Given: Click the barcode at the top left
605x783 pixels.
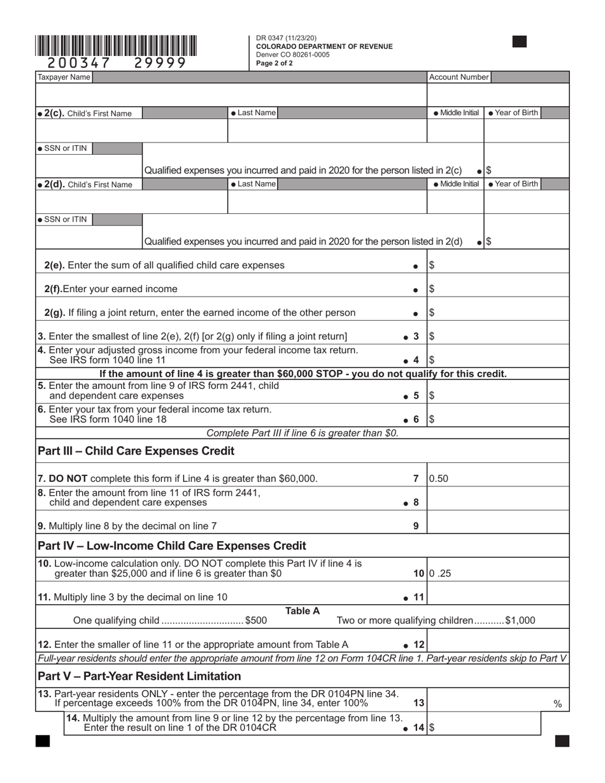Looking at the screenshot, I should (x=116, y=46).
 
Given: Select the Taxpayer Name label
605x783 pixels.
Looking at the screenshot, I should (x=64, y=78).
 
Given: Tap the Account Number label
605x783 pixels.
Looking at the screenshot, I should (x=459, y=78).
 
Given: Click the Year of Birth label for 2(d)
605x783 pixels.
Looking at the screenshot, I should (x=513, y=184).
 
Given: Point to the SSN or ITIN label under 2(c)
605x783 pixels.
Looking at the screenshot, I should (x=62, y=148).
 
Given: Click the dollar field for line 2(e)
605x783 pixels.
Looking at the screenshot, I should (x=497, y=265).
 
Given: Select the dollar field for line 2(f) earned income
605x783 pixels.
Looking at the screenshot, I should (x=497, y=289).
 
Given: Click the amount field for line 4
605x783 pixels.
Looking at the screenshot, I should (x=497, y=360).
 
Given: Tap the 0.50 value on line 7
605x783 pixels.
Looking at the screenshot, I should (x=439, y=479).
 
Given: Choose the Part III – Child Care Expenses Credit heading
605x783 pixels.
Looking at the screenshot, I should (x=136, y=451).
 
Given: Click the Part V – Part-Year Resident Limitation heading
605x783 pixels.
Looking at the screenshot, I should (x=139, y=676).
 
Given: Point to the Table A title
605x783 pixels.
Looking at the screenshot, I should (x=302, y=611).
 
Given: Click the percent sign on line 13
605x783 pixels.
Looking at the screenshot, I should (x=557, y=703).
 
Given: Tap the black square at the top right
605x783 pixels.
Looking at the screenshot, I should (x=520, y=42).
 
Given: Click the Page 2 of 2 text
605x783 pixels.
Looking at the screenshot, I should (x=274, y=63).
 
